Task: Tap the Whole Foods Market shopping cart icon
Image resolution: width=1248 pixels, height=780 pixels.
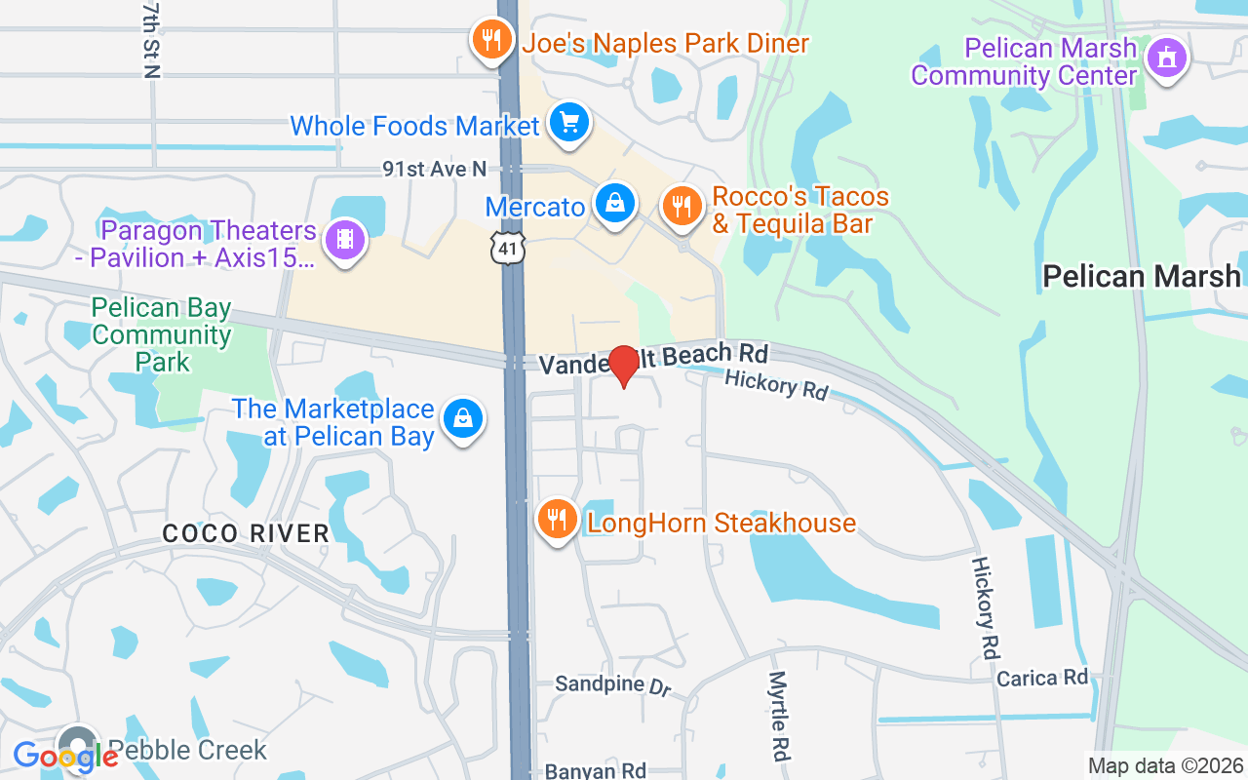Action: point(569,124)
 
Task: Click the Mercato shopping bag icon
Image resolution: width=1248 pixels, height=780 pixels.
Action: point(615,205)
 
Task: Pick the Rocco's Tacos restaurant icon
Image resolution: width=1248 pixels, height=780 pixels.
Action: point(682,207)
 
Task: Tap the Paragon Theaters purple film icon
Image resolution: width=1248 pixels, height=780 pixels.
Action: point(344,237)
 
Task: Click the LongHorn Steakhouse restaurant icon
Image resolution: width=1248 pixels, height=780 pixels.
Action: point(557,520)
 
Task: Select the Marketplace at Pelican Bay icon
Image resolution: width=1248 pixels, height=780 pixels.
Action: point(462,420)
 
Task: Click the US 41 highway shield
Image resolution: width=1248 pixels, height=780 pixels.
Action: point(508,248)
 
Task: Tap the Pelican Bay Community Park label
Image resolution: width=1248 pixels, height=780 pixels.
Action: point(162,335)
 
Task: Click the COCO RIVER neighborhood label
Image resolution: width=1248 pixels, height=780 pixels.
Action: point(246,533)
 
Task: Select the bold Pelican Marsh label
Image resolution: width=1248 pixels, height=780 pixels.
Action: point(1142,276)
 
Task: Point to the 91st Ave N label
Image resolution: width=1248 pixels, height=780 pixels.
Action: point(434,170)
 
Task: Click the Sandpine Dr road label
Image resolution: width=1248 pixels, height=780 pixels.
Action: point(613,684)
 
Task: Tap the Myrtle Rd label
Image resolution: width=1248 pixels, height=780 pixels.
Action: point(778,716)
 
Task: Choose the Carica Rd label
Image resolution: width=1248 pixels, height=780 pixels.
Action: point(1041,677)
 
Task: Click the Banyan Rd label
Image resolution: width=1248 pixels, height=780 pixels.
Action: point(596,770)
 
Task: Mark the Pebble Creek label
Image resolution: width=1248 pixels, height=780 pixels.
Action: point(187,750)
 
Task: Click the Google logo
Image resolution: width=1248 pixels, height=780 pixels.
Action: point(65,756)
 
